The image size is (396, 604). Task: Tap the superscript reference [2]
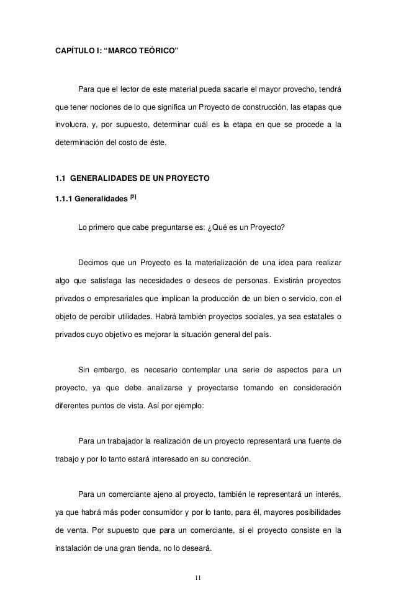pyautogui.click(x=133, y=198)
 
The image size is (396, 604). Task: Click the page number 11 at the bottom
pyautogui.click(x=198, y=579)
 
